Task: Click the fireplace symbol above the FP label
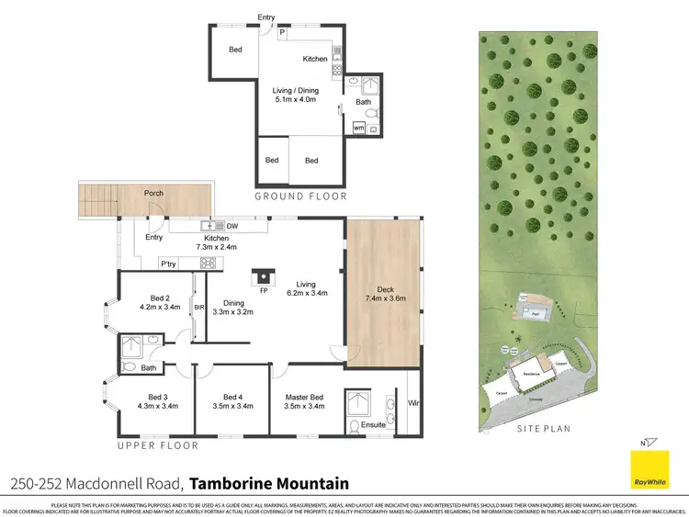click(265, 274)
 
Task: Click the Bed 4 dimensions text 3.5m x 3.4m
click(232, 405)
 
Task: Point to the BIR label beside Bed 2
click(198, 308)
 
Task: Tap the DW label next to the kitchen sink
click(232, 225)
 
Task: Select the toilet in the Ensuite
click(356, 426)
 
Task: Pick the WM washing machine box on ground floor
click(358, 129)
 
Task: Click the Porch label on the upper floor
click(153, 193)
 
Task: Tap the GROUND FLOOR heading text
click(300, 196)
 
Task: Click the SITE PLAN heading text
click(544, 429)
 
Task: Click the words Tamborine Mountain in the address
click(269, 483)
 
